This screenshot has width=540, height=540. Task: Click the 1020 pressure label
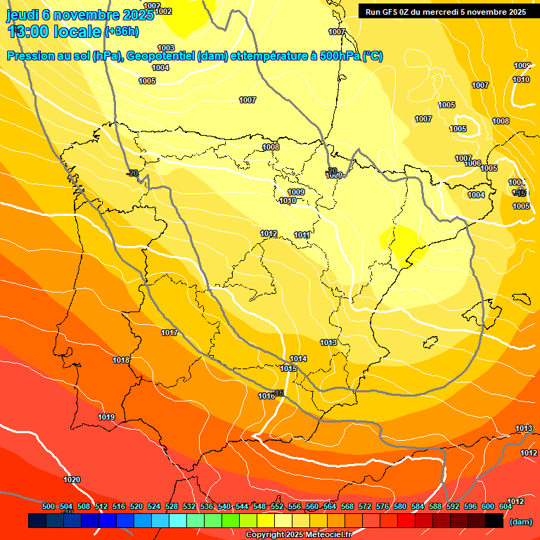(x=72, y=480)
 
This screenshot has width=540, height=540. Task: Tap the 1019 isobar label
(x=106, y=417)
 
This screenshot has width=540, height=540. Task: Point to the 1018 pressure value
(x=121, y=360)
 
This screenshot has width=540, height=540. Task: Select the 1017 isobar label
(x=169, y=333)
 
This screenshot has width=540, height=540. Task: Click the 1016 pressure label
(x=266, y=396)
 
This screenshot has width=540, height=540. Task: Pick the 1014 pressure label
(x=298, y=359)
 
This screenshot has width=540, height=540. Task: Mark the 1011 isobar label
(x=302, y=235)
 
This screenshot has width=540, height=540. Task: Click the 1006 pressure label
(x=472, y=163)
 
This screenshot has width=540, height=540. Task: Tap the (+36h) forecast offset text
(x=122, y=32)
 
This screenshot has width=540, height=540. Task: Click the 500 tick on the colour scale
(x=49, y=506)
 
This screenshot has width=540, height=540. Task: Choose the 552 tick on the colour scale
(x=277, y=506)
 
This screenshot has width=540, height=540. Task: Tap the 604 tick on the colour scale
(x=506, y=506)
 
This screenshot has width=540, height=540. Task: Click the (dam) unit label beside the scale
(x=520, y=522)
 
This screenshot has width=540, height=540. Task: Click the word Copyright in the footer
(x=266, y=535)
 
